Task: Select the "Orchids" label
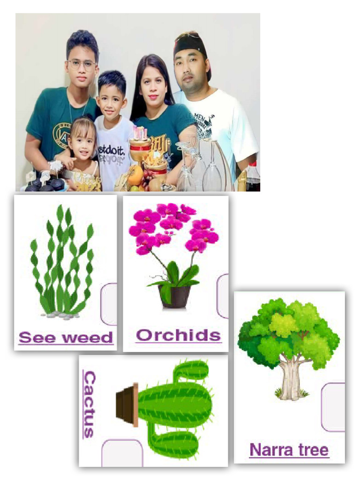click(178, 335)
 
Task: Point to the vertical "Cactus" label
click(89, 404)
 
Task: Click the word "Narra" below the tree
click(266, 450)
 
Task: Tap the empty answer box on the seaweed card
click(110, 304)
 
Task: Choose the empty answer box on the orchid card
click(223, 296)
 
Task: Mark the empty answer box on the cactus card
click(122, 453)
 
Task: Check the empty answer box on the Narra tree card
click(333, 406)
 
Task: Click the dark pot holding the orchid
click(175, 297)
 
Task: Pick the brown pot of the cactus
click(127, 405)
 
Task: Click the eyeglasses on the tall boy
click(82, 64)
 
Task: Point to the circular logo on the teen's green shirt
click(61, 133)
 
